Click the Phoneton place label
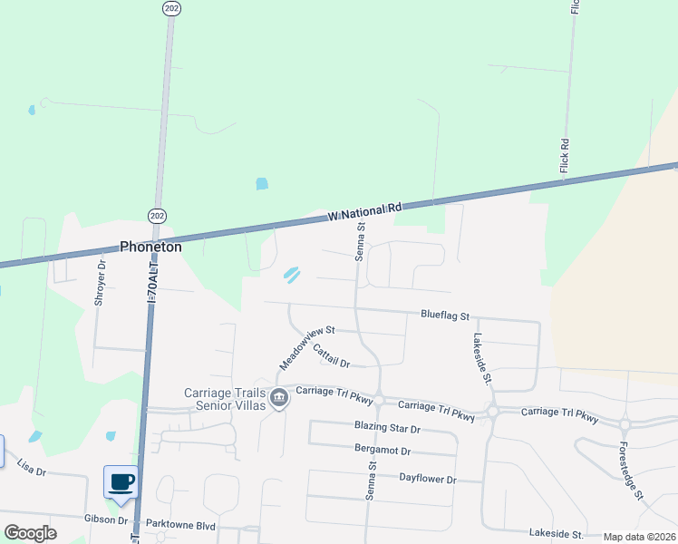(x=151, y=247)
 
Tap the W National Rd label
(x=364, y=211)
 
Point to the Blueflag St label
(x=444, y=316)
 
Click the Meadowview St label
(x=307, y=347)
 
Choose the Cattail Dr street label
(x=331, y=355)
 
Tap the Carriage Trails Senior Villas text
(x=224, y=399)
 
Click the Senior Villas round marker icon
(x=279, y=397)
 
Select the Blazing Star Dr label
(x=387, y=428)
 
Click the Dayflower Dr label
(x=427, y=478)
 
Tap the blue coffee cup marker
(x=121, y=481)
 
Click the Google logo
(x=30, y=532)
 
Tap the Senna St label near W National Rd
(x=360, y=242)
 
